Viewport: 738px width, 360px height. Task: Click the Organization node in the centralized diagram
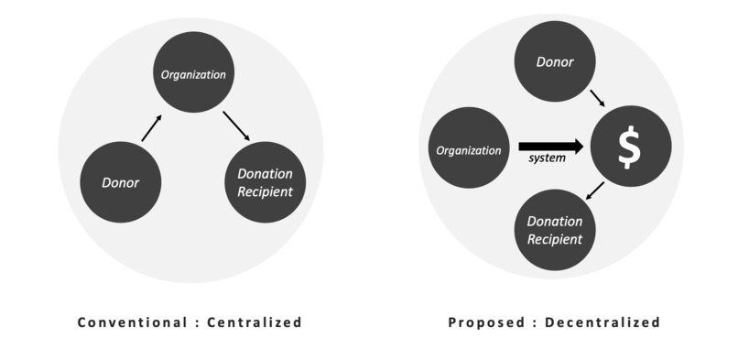[192, 73]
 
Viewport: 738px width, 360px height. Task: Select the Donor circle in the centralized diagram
[121, 182]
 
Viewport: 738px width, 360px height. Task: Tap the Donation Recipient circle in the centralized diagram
[265, 182]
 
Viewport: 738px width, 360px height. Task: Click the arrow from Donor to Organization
[151, 127]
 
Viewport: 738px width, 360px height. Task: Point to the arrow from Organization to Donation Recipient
[235, 125]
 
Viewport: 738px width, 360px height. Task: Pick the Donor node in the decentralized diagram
[555, 62]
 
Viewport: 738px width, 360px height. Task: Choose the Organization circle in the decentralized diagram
[468, 149]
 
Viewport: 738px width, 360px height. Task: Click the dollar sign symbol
[630, 147]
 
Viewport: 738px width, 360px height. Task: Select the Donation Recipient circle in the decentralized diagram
[555, 230]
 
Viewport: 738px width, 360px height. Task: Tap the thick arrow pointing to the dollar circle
[550, 145]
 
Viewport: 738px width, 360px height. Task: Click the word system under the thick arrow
[548, 158]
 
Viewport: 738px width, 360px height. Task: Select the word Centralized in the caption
[254, 322]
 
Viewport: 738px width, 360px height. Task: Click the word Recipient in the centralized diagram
[265, 191]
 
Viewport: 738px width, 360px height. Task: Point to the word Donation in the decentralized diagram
[555, 222]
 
